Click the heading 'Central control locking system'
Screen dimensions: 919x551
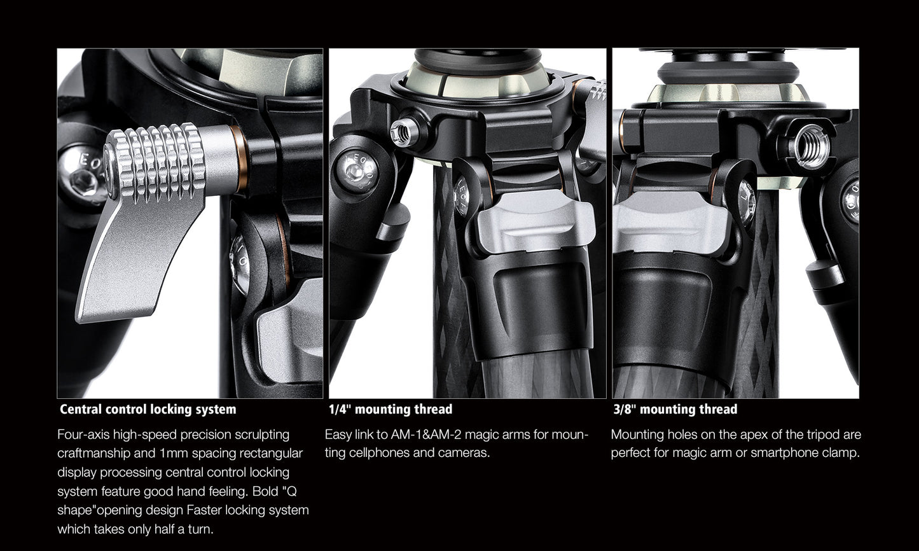[148, 409]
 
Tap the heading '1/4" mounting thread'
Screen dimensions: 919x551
[390, 409]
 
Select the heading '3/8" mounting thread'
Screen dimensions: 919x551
[675, 409]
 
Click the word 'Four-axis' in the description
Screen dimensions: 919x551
[83, 435]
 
